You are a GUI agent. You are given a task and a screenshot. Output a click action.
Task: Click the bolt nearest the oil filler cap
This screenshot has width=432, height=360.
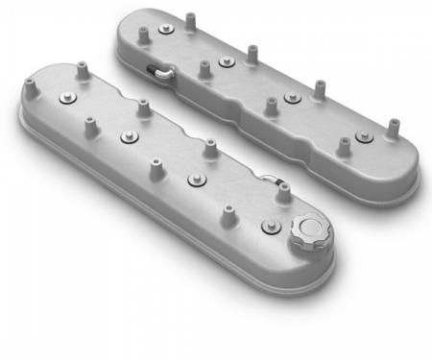click(269, 228)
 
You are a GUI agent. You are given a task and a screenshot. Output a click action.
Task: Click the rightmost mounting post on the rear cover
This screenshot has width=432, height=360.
click(392, 127)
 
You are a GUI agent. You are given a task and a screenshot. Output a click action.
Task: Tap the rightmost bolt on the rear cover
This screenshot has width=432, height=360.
click(366, 137)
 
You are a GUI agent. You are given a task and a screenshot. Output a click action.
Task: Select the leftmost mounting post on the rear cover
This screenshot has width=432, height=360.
click(142, 36)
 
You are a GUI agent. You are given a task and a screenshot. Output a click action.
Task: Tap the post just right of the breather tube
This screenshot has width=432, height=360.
click(204, 69)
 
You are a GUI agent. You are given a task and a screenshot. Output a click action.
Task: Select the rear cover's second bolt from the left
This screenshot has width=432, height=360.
click(226, 61)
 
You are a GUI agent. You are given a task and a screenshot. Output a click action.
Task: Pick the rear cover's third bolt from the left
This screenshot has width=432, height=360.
click(293, 98)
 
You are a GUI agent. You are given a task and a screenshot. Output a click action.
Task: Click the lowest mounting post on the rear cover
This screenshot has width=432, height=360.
click(343, 147)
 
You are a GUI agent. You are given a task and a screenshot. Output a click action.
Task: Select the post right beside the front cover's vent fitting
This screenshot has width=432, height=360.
click(283, 191)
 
